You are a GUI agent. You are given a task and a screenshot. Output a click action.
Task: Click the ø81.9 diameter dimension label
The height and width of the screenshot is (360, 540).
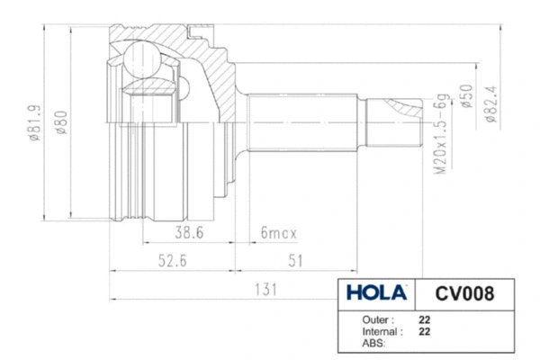(34, 121)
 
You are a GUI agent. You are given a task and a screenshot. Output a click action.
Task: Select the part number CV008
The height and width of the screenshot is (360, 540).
(462, 293)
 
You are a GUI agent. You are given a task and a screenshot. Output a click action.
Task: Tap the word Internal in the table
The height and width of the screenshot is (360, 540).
(382, 331)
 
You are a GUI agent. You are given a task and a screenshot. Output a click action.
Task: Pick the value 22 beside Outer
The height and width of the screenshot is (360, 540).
(424, 319)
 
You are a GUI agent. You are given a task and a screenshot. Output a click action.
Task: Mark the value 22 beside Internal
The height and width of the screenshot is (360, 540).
(424, 331)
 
